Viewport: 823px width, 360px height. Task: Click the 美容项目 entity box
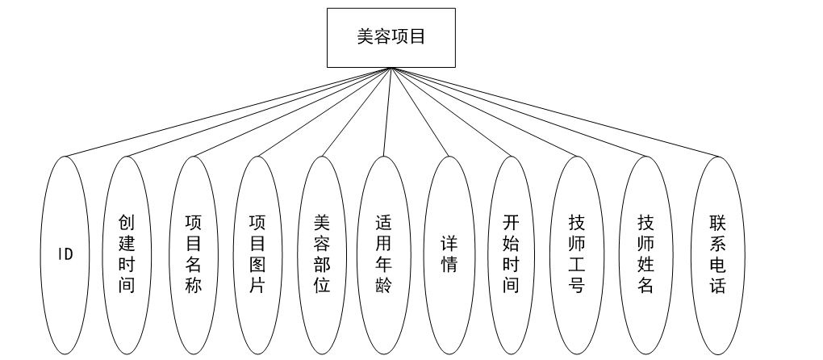[391, 37]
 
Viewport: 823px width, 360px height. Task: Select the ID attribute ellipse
[65, 254]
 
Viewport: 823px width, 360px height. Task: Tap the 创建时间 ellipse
[127, 254]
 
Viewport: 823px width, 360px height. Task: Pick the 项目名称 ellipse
[194, 254]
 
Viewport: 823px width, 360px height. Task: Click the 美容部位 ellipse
[321, 254]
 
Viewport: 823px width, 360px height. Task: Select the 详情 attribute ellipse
[449, 254]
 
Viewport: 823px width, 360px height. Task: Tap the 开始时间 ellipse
[511, 254]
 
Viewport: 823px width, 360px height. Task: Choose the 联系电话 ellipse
[717, 254]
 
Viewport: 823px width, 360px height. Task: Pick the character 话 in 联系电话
[717, 285]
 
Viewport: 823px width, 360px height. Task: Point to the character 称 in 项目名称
[194, 285]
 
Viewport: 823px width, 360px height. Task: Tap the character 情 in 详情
[449, 265]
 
